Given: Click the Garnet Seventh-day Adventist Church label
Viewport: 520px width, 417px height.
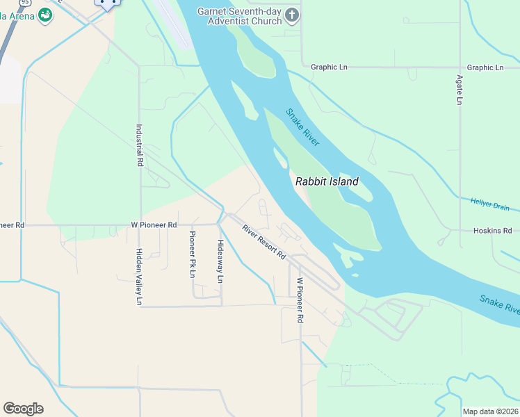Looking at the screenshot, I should [x=239, y=16].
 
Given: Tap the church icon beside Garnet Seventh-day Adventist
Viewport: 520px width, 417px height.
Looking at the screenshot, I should [x=292, y=15].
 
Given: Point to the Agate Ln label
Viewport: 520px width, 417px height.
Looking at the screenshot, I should [x=460, y=90].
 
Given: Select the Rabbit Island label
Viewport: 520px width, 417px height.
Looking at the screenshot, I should [x=327, y=181].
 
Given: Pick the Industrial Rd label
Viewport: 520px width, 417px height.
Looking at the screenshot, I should [x=140, y=145].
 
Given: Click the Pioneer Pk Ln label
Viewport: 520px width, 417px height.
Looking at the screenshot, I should [x=193, y=254].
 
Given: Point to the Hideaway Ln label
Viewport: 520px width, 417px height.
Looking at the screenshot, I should [x=220, y=261].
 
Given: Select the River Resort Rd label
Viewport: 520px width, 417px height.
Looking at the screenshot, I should [x=264, y=242].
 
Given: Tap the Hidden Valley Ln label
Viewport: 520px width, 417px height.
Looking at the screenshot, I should [x=139, y=277].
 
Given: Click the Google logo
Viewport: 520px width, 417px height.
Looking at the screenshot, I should [x=23, y=409].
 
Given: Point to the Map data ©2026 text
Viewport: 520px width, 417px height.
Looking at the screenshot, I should [x=490, y=411].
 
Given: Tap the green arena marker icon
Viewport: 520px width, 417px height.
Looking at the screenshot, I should [x=45, y=15].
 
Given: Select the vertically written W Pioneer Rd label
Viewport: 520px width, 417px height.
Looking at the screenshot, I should [x=300, y=300].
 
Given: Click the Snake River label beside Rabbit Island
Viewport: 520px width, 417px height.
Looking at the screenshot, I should [x=302, y=127].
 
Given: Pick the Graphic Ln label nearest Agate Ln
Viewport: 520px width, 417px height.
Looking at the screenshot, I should [x=485, y=67].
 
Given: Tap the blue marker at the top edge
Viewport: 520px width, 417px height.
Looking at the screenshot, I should [x=108, y=3].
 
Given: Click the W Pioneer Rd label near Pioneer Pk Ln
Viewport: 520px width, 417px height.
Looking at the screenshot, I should [x=154, y=225].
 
